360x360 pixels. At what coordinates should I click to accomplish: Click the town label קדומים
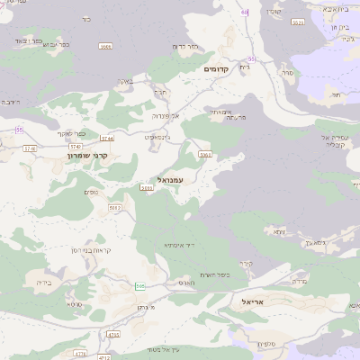(219, 69)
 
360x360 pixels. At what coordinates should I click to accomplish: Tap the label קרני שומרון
(88, 155)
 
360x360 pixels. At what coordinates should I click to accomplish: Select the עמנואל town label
(169, 180)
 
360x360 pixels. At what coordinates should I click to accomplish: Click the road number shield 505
(139, 286)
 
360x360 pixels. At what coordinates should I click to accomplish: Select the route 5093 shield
(115, 207)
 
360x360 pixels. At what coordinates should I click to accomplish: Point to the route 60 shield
(245, 12)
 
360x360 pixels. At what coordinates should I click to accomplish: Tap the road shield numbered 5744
(107, 139)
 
